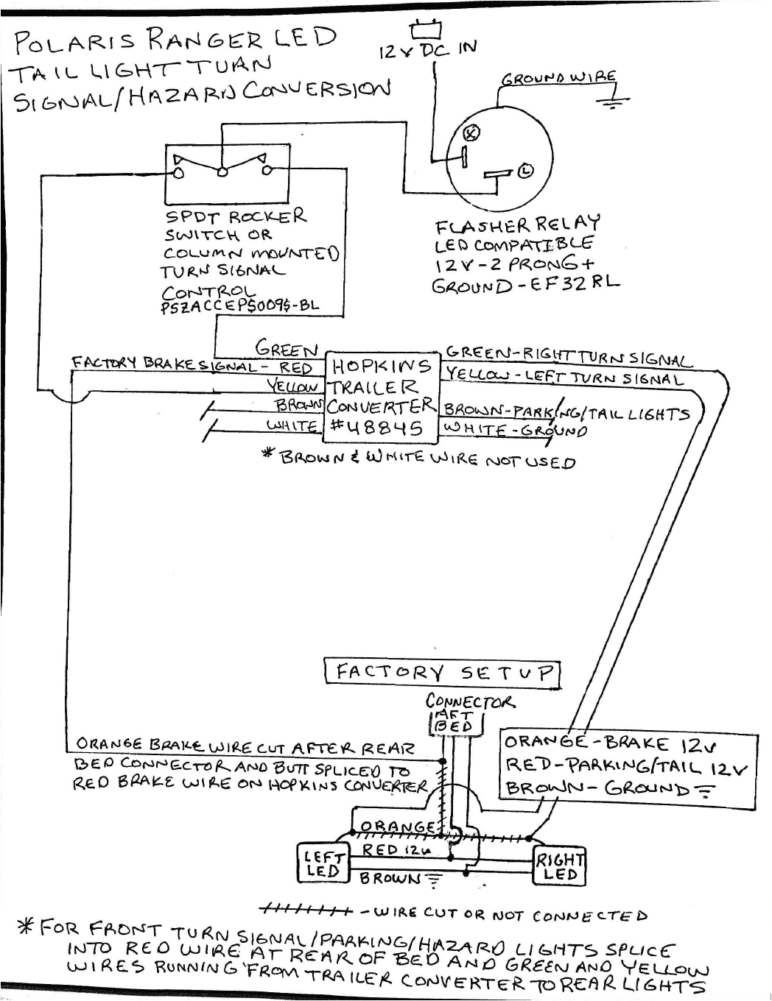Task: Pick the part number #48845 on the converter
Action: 376,428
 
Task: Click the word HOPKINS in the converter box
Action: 382,367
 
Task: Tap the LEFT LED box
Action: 322,863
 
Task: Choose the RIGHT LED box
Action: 559,867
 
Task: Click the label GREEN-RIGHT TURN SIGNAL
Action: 569,356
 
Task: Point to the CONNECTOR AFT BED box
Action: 455,723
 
